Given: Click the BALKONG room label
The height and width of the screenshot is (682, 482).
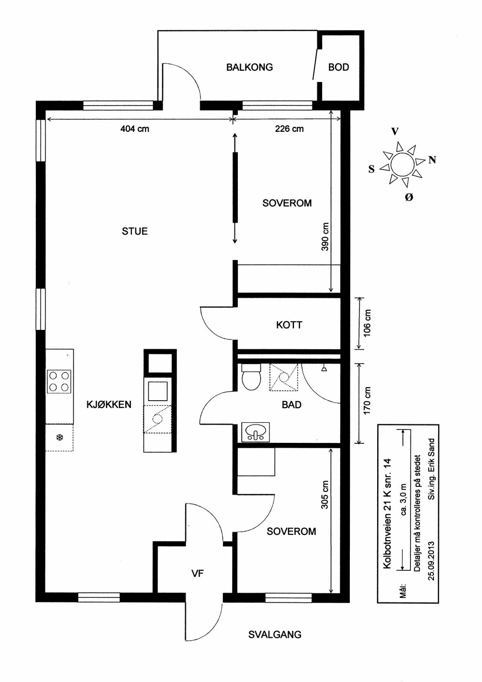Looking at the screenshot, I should pyautogui.click(x=249, y=67).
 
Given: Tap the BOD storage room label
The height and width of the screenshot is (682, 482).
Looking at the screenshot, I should pyautogui.click(x=338, y=67).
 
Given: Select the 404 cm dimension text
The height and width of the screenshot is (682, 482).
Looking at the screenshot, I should pyautogui.click(x=135, y=129).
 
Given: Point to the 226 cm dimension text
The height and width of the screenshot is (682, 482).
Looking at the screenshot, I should pyautogui.click(x=289, y=129).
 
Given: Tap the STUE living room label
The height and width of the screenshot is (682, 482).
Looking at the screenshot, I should pyautogui.click(x=135, y=231).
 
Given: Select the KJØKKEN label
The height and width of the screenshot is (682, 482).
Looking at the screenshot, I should pyautogui.click(x=109, y=405).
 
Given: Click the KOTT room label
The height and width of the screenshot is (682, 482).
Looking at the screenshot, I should pyautogui.click(x=289, y=325).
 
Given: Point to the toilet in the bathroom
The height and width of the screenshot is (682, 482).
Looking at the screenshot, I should pyautogui.click(x=251, y=377).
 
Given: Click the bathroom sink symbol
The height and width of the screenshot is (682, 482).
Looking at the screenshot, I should pyautogui.click(x=255, y=432).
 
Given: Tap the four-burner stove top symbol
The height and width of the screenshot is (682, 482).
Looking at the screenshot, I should pyautogui.click(x=59, y=381).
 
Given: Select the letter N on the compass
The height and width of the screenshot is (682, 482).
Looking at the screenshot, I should pyautogui.click(x=432, y=160).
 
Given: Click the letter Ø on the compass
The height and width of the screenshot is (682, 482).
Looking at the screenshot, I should pyautogui.click(x=409, y=197).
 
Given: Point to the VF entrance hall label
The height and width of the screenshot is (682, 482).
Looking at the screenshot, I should pyautogui.click(x=197, y=573).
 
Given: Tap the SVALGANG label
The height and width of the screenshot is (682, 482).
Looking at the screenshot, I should pyautogui.click(x=275, y=635).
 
